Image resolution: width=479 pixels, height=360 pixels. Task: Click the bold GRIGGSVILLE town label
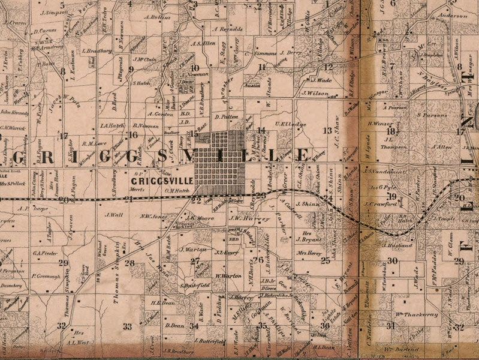[163, 180]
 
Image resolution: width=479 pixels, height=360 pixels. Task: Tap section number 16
[134, 135]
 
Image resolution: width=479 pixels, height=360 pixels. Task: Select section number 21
[129, 199]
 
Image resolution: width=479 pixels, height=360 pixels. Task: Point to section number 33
[127, 326]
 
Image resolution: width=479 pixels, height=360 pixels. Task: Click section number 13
[327, 130]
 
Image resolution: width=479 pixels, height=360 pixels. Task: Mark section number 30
[393, 260]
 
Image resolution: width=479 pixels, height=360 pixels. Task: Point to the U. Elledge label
[290, 124]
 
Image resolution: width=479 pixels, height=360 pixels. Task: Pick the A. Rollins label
[158, 17]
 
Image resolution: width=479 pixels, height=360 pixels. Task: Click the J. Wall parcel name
[113, 214]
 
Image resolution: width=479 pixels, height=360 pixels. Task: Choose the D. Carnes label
[45, 30]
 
